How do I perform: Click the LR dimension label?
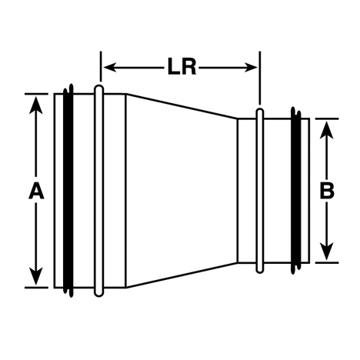tap(182, 67)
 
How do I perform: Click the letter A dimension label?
tap(36, 191)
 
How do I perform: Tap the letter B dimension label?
tap(327, 191)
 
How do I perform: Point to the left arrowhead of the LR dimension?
tap(110, 68)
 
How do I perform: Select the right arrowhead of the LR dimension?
tap(251, 68)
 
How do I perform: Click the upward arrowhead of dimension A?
tap(36, 105)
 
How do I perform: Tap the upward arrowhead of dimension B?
tap(327, 129)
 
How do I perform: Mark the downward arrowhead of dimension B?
tap(327, 252)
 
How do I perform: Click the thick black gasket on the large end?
tap(68, 191)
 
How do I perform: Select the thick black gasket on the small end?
tap(296, 191)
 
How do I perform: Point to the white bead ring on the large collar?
tap(99, 191)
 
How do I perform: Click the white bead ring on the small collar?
tap(260, 191)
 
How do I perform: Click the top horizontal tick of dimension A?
tap(36, 94)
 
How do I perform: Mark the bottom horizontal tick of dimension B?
tap(327, 262)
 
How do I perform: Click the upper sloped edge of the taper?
tap(182, 106)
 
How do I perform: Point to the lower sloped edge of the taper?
tap(182, 275)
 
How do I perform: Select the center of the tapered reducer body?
tap(182, 191)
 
